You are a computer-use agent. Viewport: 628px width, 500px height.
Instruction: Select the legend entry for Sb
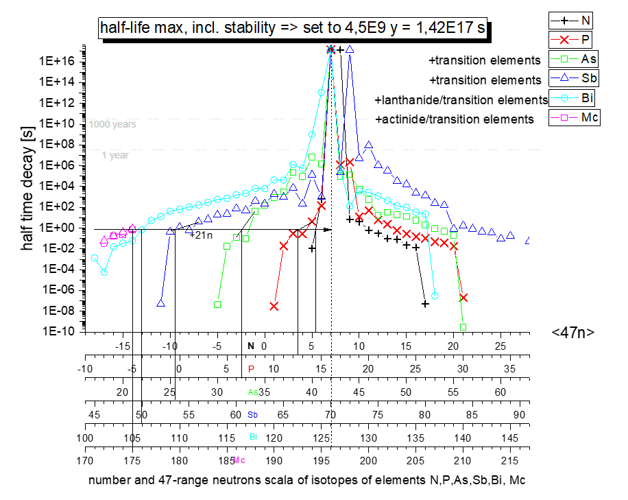click(x=574, y=77)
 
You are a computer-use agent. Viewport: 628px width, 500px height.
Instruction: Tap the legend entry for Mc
click(x=574, y=117)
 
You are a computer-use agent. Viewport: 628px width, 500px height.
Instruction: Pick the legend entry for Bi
click(x=574, y=97)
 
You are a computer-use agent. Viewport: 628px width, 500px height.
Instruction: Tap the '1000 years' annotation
click(x=112, y=124)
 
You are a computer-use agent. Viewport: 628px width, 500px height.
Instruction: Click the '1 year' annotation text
click(x=115, y=155)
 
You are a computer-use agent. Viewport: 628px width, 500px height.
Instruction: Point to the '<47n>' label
click(x=572, y=333)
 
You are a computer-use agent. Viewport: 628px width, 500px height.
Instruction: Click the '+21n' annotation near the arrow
click(x=200, y=235)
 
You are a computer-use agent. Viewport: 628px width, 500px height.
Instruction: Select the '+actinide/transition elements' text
click(x=455, y=119)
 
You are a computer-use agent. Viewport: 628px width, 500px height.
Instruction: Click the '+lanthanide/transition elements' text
click(x=461, y=100)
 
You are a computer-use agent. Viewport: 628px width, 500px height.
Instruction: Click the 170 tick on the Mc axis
click(x=85, y=460)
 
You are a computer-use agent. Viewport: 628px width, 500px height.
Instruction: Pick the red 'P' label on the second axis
click(x=251, y=369)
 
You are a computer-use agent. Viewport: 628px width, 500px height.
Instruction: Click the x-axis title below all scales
click(x=306, y=481)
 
